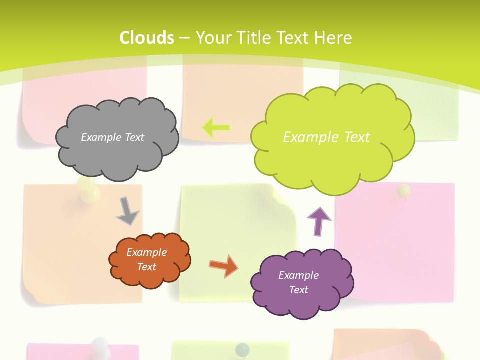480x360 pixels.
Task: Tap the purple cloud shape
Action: click(x=302, y=300)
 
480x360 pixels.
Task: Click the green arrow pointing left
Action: click(x=216, y=128)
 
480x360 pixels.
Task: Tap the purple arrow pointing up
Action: click(x=318, y=221)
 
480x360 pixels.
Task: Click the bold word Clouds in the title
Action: click(x=147, y=38)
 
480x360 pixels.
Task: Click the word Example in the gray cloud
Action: click(x=100, y=137)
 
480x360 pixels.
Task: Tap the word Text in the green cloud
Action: click(x=357, y=137)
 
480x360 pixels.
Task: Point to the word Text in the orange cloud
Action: click(x=147, y=267)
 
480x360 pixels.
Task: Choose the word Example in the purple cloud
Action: click(x=298, y=275)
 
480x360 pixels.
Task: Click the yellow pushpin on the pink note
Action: click(x=403, y=191)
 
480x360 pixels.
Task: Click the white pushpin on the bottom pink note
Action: click(x=101, y=345)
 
